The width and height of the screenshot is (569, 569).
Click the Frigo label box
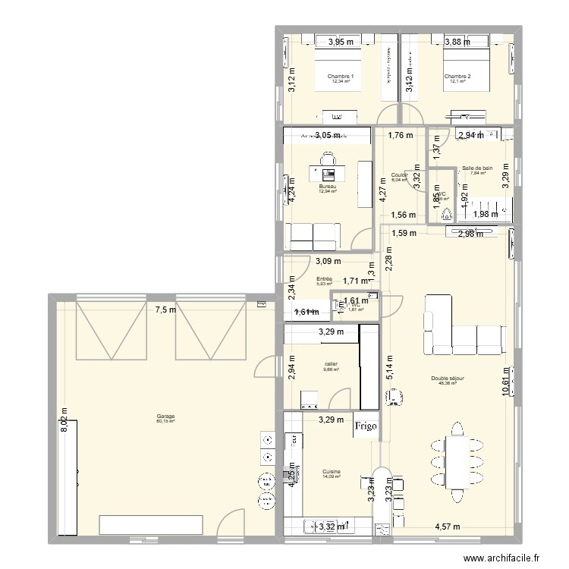[x=366, y=427]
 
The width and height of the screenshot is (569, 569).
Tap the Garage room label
[x=165, y=417]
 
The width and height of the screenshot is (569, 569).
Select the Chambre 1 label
[x=340, y=77]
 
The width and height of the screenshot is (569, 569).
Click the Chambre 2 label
[x=457, y=77]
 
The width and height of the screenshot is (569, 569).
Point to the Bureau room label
[x=327, y=187]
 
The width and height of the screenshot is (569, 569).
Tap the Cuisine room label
[x=331, y=472]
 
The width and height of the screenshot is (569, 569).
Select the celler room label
[x=331, y=364]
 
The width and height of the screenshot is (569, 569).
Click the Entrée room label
[x=324, y=279]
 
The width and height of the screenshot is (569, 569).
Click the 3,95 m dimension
[x=341, y=42]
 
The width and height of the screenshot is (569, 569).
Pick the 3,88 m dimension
[x=457, y=42]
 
